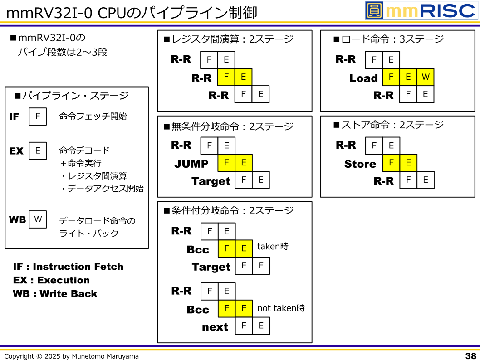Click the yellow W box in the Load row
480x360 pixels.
425,77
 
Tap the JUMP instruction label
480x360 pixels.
191,164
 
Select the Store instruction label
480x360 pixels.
360,164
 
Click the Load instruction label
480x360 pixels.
363,78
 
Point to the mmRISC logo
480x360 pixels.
421,10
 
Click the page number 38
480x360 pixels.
470,356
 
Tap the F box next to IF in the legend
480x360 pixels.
38,117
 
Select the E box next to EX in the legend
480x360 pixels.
38,151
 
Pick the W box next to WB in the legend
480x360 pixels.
38,219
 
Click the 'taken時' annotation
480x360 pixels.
273,247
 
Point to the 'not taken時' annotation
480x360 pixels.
281,308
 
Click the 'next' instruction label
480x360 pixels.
215,327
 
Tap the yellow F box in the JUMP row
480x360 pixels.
226,163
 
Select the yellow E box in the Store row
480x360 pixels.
408,163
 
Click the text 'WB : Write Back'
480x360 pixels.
55,294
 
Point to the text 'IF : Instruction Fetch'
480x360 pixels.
68,267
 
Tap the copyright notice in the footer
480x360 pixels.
72,356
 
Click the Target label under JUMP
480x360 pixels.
211,181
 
